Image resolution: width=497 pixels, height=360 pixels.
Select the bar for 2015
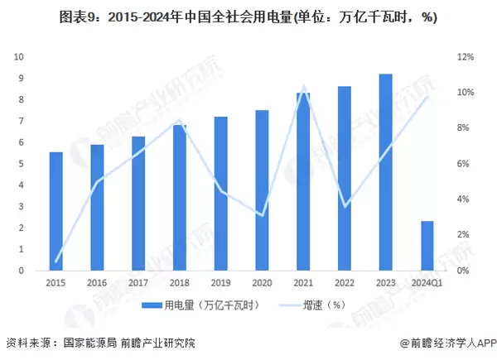(x=56, y=211)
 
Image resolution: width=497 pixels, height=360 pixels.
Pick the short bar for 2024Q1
(x=427, y=246)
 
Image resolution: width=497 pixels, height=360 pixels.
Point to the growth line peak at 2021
(x=304, y=87)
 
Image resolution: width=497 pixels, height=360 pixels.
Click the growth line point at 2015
(x=56, y=262)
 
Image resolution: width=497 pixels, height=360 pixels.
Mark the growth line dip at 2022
(x=345, y=206)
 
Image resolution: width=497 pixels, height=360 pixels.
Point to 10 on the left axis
(x=19, y=57)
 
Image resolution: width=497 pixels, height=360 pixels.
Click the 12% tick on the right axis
(x=465, y=57)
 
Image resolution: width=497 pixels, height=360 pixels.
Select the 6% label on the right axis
(x=465, y=164)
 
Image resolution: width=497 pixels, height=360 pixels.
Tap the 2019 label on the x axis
(x=221, y=284)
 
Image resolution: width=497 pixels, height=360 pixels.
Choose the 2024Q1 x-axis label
(x=427, y=284)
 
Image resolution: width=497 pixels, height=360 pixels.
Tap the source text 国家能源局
(x=89, y=342)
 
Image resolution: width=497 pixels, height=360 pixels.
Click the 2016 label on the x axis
(x=98, y=284)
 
